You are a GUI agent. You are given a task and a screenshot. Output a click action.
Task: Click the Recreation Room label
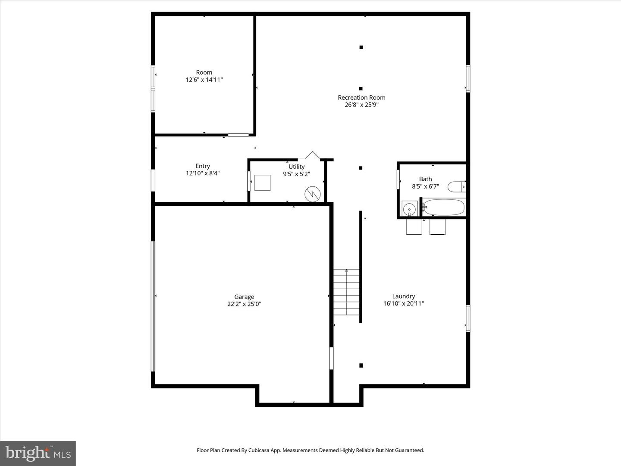tap(361, 98)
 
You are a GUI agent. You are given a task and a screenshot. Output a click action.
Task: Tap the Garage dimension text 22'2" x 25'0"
tap(244, 304)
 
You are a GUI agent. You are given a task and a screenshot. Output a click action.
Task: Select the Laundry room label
tap(403, 296)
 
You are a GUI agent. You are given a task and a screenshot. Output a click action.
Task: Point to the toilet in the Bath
tap(457, 187)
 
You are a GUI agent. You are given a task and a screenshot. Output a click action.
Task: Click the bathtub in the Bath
tap(444, 208)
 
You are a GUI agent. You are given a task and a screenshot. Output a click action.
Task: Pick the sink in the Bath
tap(409, 209)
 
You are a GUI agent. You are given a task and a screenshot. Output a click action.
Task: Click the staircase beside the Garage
tap(346, 292)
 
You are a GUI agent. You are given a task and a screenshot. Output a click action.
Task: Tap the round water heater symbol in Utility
tap(312, 194)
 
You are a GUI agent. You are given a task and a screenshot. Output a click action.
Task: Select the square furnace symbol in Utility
tap(262, 183)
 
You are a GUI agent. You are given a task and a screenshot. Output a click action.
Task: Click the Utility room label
tap(296, 167)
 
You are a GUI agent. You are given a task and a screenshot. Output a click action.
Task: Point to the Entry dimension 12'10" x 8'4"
tap(202, 173)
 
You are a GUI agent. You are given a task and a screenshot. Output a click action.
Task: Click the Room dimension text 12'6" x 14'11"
tap(204, 79)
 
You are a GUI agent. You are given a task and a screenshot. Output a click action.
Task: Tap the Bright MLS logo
tap(38, 453)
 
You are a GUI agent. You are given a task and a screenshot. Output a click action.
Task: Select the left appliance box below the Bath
tap(414, 227)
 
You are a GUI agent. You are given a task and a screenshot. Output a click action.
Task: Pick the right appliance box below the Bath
tap(437, 227)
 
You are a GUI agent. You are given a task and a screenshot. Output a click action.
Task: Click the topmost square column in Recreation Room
tap(361, 47)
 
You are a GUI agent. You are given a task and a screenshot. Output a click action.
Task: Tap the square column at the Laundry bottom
tap(361, 365)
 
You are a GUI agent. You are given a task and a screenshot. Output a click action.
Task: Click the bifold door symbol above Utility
tap(312, 155)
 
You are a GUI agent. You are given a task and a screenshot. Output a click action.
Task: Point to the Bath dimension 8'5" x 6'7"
tap(425, 186)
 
